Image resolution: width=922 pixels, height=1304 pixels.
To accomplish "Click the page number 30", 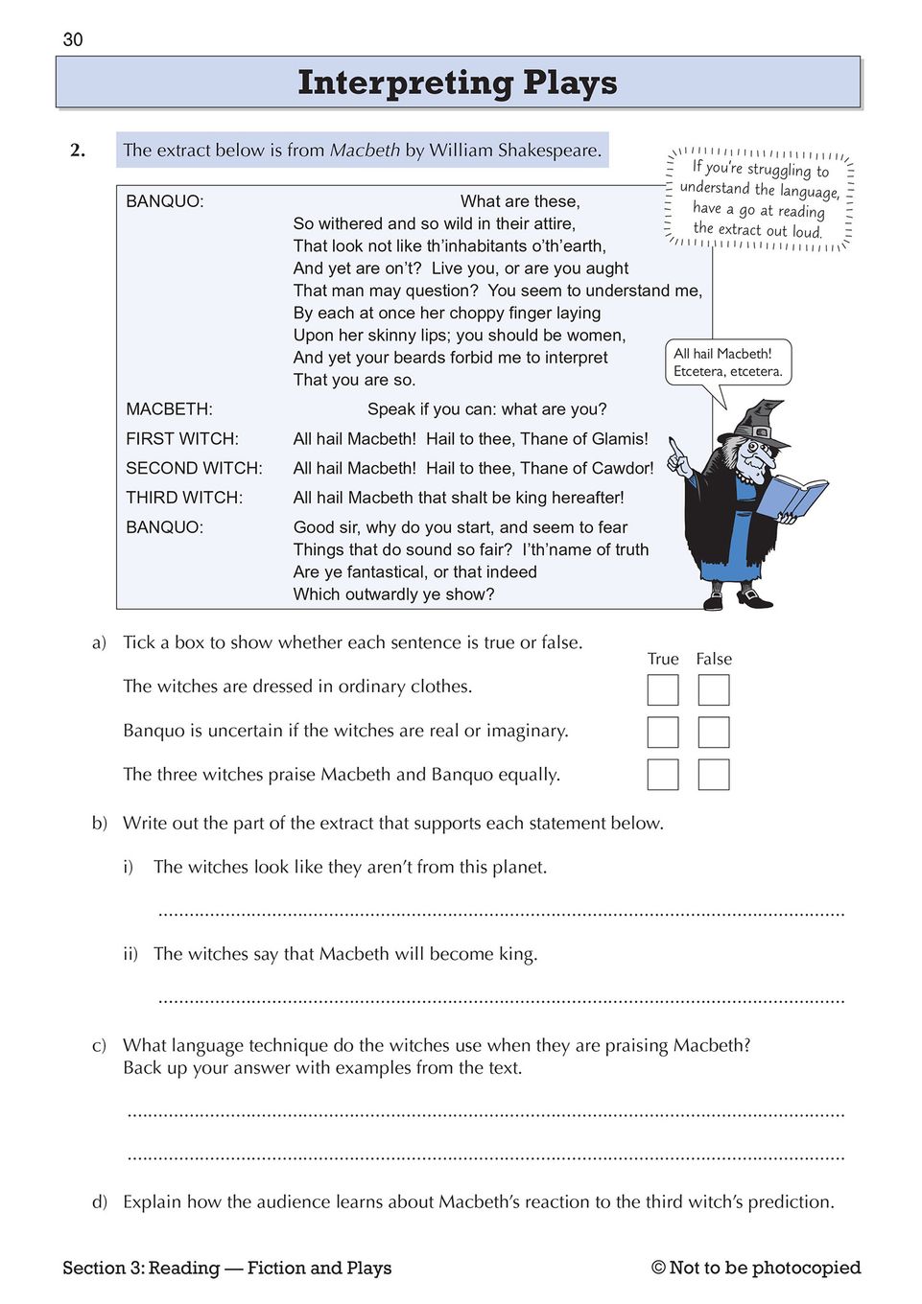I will pos(73,39).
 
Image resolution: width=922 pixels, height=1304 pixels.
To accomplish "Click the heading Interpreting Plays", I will pos(458,82).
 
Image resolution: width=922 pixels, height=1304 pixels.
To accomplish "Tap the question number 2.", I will pos(78,150).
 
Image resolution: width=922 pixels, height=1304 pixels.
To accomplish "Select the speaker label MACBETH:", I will pos(169,409).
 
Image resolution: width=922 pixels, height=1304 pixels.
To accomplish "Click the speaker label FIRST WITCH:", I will pos(182,439).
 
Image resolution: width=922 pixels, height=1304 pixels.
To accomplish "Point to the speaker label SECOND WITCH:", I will pos(194,468).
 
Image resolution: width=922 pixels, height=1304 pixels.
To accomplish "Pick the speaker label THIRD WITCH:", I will pos(184,498).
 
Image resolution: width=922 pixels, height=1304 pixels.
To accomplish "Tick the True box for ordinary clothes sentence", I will pos(663,690).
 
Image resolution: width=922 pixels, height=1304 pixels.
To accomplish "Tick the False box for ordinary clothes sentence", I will pos(714,690).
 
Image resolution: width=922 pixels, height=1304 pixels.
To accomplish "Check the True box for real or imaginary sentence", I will pos(663,733).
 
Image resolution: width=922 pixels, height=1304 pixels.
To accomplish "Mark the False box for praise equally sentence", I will pos(714,775).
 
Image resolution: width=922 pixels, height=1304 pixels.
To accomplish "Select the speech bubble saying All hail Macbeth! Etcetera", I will pos(728,362).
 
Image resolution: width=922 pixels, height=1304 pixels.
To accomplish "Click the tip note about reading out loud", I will pos(759,199).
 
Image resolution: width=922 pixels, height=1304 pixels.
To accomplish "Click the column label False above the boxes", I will pos(714,659).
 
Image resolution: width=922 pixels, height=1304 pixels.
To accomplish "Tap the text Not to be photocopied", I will pos(765,1268).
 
